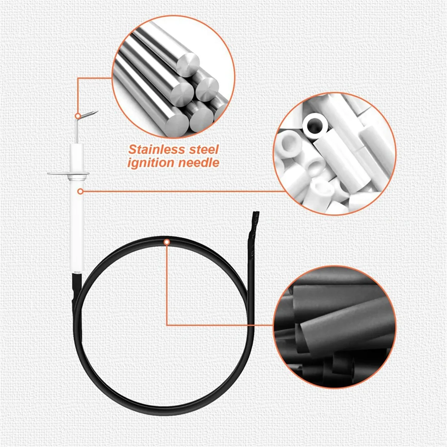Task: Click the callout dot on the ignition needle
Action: tap(78, 115)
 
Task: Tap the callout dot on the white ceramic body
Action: tap(80, 191)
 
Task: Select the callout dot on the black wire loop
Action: tap(167, 242)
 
